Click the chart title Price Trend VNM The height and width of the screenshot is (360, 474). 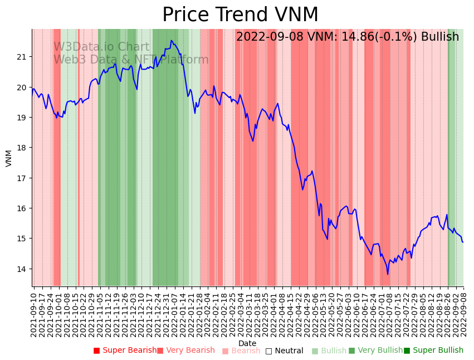tap(240, 15)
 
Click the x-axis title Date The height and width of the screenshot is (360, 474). tap(247, 343)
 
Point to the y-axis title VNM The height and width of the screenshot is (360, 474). tap(8, 158)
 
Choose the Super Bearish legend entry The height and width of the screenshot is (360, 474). tap(125, 351)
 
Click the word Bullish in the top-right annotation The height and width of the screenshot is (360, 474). tap(440, 37)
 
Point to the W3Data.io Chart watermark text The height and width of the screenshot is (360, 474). tap(101, 47)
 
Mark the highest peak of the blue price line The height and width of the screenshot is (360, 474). tap(172, 40)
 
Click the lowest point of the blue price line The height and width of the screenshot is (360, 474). tap(388, 274)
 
